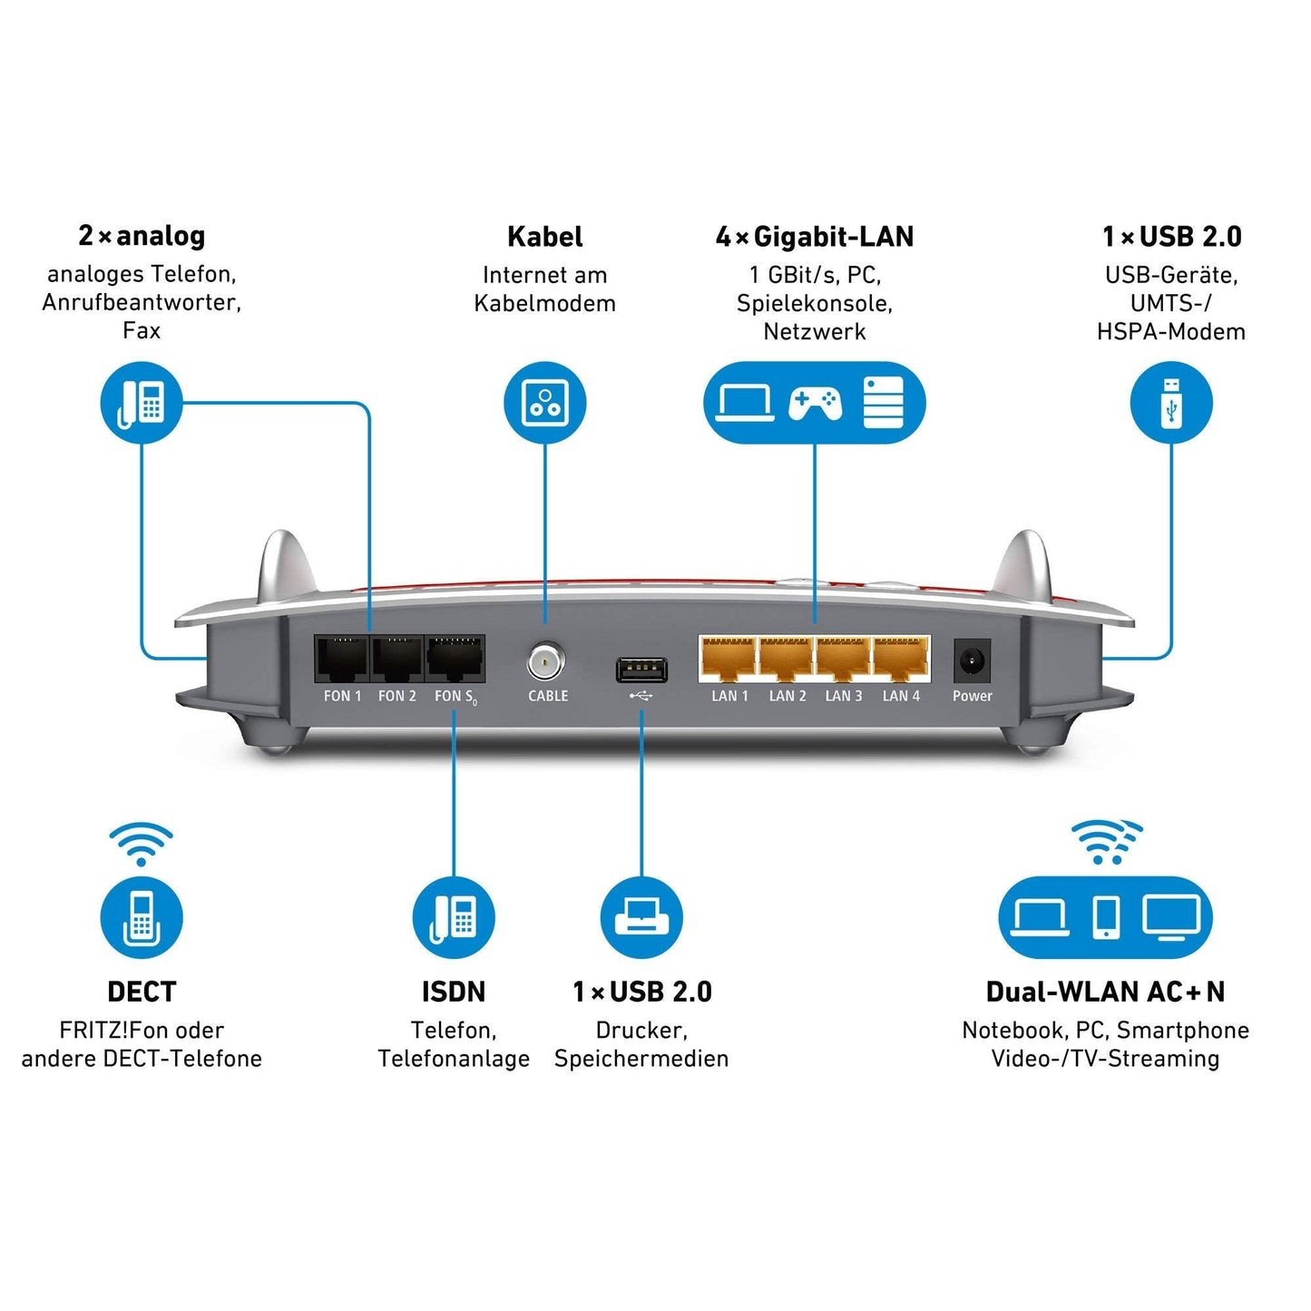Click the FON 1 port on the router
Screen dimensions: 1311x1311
342,660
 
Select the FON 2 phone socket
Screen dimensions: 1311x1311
397,660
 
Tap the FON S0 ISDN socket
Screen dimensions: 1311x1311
455,660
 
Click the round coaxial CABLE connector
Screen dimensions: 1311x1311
545,662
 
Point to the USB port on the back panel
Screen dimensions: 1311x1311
641,670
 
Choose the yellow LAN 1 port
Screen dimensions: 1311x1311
729,660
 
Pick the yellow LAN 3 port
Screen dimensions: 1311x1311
843,660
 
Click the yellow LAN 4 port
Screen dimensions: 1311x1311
901,660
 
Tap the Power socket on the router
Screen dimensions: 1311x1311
972,660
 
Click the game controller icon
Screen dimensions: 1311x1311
815,403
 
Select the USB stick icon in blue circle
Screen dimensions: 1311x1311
1171,403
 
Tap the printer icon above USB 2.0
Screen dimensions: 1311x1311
641,917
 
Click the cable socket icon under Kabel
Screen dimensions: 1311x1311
545,403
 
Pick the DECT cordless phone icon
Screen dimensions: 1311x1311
142,917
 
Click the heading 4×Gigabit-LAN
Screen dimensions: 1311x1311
814,237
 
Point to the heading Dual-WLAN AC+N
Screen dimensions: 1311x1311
1105,992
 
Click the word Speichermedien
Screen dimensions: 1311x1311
641,1059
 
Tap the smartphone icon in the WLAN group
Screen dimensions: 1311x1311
1106,917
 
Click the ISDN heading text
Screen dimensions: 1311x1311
454,992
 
